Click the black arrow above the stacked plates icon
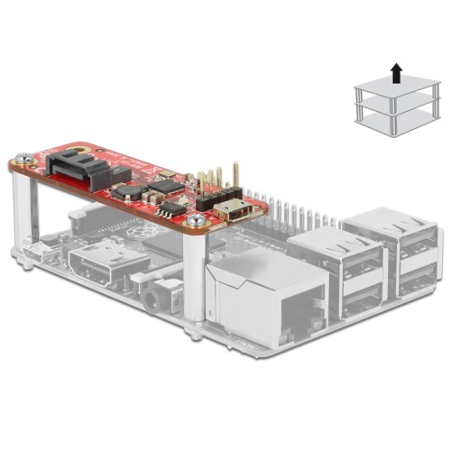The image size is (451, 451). coord(395,71)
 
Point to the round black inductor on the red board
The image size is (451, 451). coord(126,191)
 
